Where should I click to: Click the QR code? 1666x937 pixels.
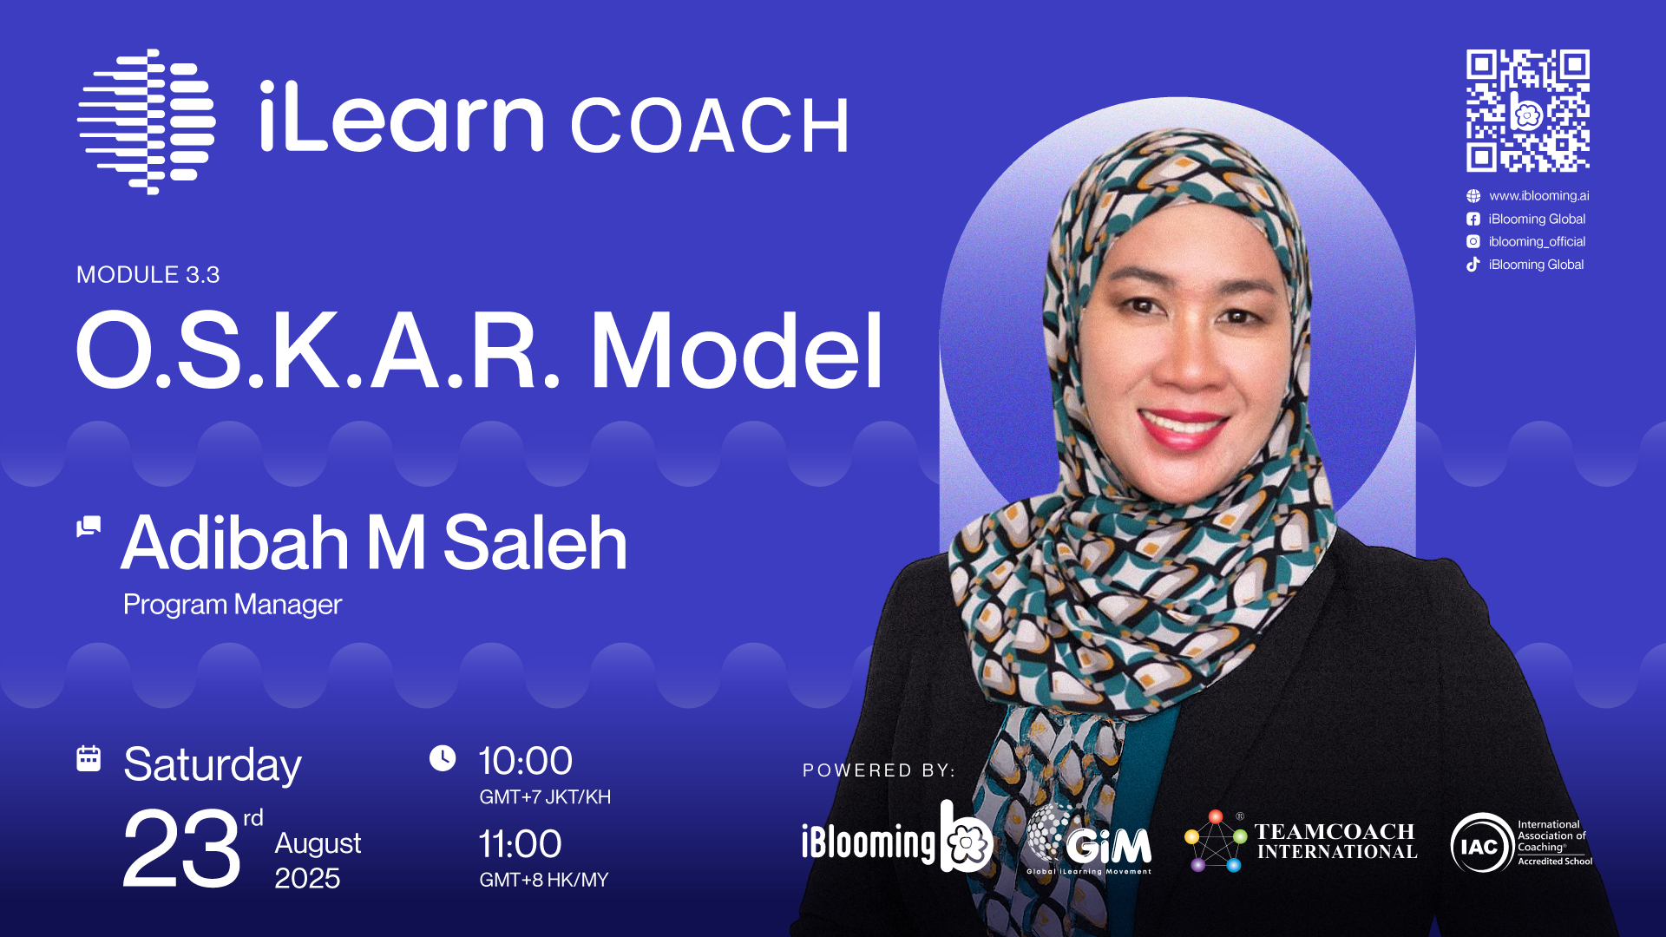[1528, 110]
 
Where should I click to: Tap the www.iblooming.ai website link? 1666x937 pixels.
[1539, 196]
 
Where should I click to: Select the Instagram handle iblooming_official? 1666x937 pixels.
[1537, 242]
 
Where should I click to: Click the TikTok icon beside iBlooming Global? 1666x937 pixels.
[1473, 265]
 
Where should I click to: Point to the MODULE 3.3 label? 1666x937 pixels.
[148, 275]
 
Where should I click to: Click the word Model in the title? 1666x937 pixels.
[737, 351]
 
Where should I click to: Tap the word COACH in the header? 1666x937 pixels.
[709, 127]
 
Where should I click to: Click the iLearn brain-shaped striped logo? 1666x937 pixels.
[147, 121]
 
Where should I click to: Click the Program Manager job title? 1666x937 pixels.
[233, 605]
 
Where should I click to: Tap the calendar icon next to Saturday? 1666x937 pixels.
[89, 758]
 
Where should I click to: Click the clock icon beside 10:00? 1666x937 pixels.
[443, 758]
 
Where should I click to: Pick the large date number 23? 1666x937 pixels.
[181, 849]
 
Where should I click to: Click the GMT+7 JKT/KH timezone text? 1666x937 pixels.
[545, 797]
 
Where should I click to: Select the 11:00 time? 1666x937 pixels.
[521, 844]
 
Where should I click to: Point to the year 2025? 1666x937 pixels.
[307, 879]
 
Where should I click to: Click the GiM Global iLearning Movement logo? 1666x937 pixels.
[1089, 840]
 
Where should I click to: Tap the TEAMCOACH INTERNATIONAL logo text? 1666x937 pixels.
[1336, 842]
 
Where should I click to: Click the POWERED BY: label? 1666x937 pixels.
[879, 770]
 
